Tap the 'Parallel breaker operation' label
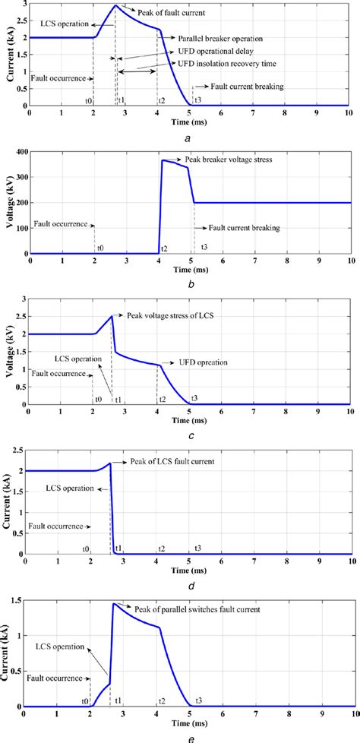point(221,38)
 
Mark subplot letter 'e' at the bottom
point(188,735)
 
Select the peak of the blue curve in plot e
point(113,603)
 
